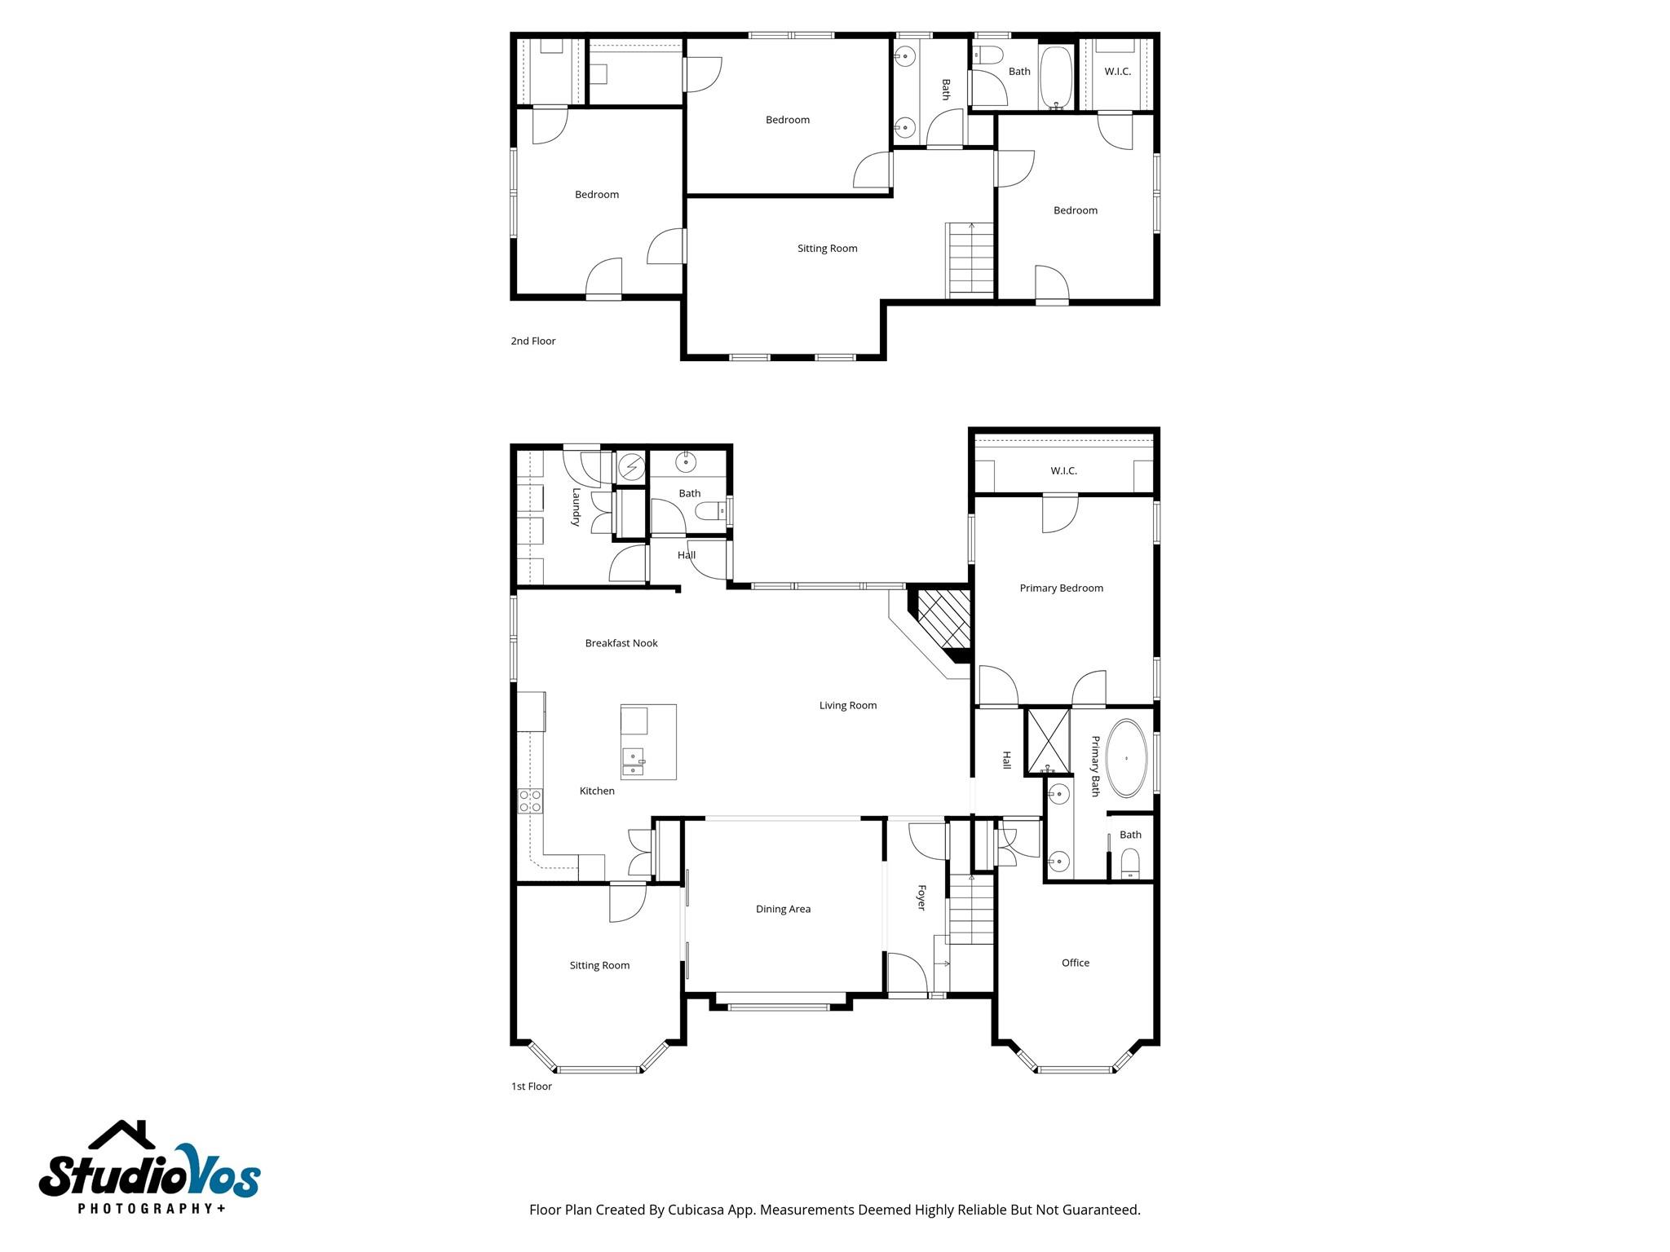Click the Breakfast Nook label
(621, 643)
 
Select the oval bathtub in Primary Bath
(1126, 758)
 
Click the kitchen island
(648, 742)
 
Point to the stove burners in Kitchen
(530, 800)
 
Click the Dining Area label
(783, 909)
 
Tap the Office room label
(1075, 963)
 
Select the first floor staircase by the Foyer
(970, 909)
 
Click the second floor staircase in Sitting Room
(970, 259)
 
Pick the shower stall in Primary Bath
(1048, 740)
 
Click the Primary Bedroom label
(1061, 588)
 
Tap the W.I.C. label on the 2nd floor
(1117, 72)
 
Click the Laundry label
(576, 507)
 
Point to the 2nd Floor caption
(532, 341)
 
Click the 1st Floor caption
(531, 1086)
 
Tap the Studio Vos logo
(149, 1170)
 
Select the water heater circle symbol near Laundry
(631, 467)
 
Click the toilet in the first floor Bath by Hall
(709, 511)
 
